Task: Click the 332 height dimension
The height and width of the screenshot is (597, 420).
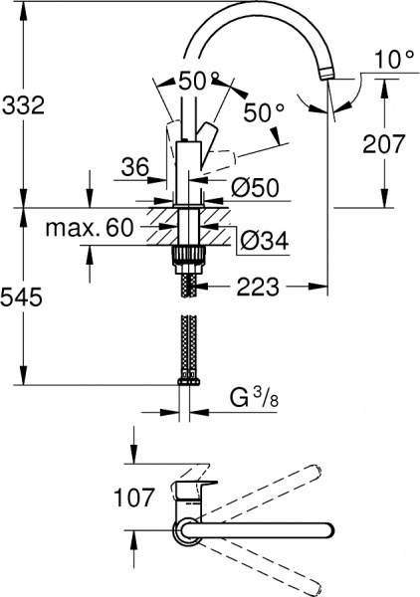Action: [x=24, y=105]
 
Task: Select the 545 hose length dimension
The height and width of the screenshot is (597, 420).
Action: [x=21, y=297]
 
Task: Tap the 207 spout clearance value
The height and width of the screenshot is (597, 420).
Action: [x=383, y=144]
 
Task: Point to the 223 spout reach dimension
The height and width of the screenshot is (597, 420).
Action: [x=258, y=287]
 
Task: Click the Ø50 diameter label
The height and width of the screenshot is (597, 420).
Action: [x=255, y=187]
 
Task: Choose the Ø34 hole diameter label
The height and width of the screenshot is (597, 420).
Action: [x=265, y=241]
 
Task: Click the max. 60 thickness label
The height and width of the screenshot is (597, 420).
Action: [x=90, y=227]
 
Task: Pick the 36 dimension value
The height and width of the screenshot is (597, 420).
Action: [x=135, y=167]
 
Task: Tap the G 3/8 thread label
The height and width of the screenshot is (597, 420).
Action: [x=254, y=399]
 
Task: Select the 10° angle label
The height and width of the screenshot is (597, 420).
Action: [x=394, y=60]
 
